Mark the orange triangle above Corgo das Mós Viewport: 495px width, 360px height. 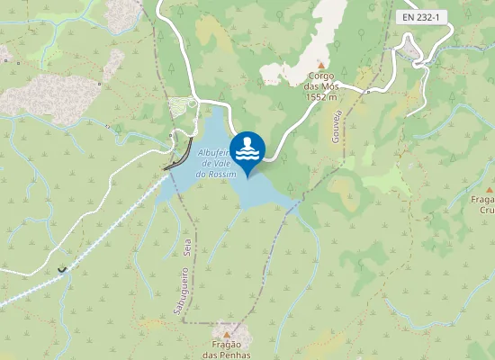pos(319,66)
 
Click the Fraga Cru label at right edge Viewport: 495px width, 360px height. pos(487,204)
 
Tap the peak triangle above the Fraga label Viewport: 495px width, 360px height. pos(490,189)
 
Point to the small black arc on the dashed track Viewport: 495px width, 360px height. pos(61,268)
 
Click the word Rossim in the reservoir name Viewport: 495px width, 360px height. pos(221,175)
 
